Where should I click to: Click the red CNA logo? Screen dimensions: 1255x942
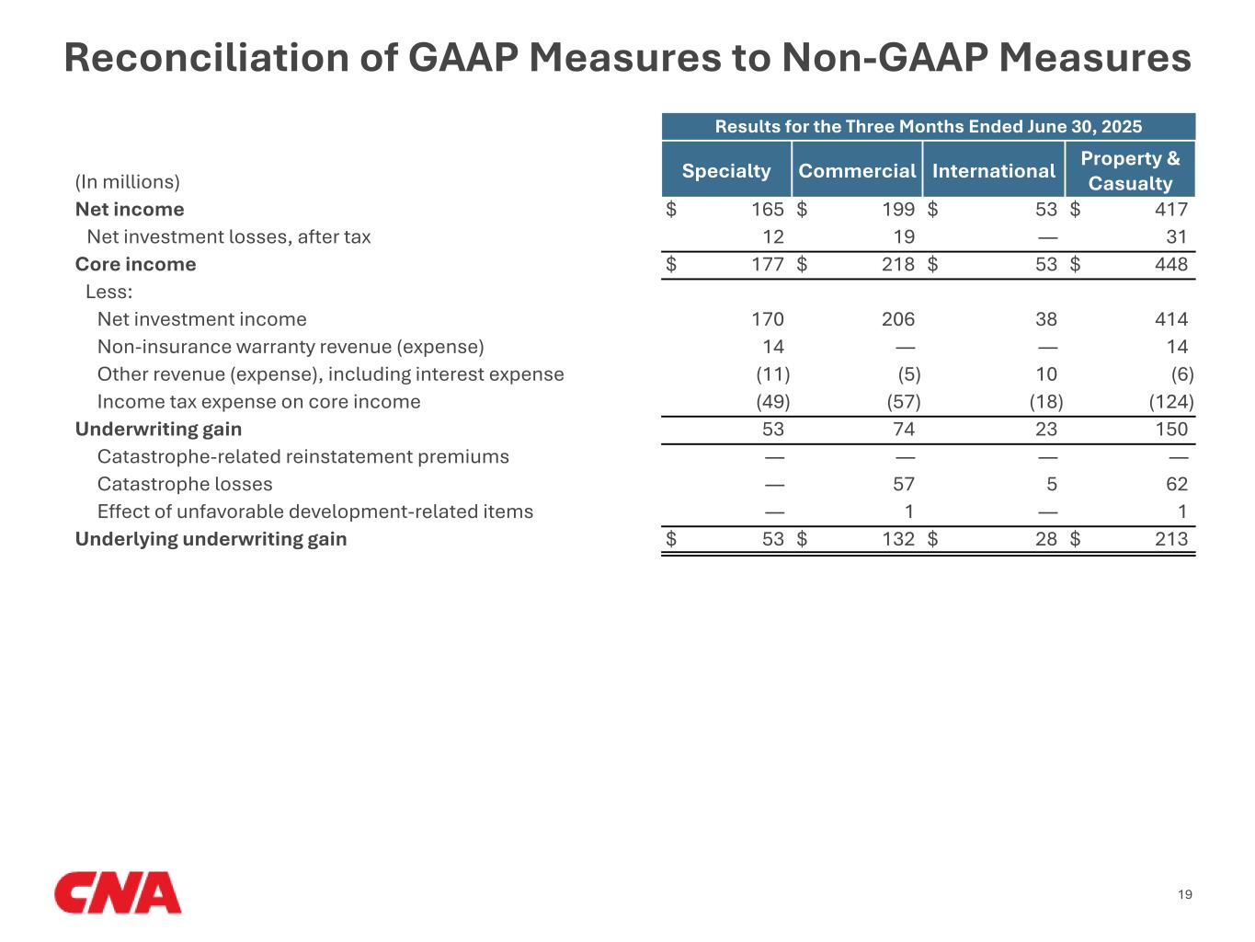pos(118,893)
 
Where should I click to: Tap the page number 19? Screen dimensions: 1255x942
pos(1185,894)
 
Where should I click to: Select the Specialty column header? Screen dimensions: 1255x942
pos(726,170)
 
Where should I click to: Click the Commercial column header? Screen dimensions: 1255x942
pos(857,170)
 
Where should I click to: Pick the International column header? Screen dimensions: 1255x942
pos(994,170)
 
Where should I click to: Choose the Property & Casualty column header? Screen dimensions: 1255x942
pos(1130,170)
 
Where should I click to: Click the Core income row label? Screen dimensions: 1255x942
pos(135,264)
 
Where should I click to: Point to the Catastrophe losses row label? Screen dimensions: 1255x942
pos(185,484)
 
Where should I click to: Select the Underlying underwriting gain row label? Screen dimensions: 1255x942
pos(211,539)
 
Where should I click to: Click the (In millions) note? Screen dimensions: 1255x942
pos(128,182)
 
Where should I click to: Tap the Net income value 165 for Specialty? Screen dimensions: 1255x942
pos(768,210)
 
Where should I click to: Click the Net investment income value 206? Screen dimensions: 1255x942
pos(898,319)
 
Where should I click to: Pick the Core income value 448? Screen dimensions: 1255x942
pos(1171,264)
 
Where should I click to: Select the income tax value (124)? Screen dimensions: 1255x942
pos(1171,401)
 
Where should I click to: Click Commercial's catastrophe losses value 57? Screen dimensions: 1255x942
pos(904,484)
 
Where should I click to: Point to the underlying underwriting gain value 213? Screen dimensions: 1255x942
pos(1171,539)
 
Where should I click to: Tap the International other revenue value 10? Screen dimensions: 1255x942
pos(1046,374)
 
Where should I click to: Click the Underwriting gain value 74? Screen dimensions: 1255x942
pos(904,429)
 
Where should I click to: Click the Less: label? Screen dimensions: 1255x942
pos(109,292)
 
